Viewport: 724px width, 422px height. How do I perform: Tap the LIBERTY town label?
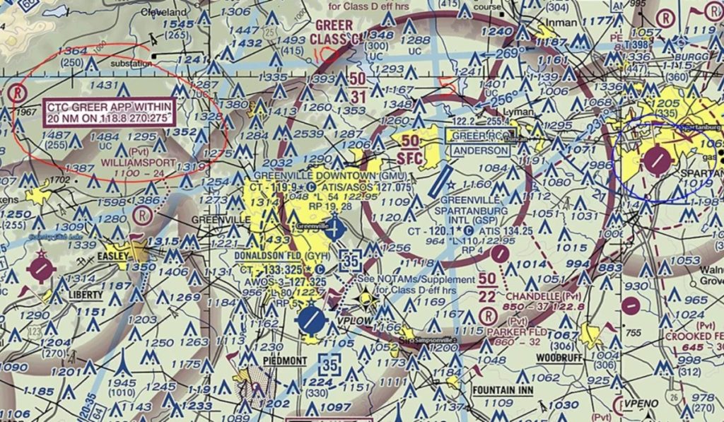click(86, 294)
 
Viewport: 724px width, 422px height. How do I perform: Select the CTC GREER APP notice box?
click(110, 112)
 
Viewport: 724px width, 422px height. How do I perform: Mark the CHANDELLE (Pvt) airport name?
click(539, 294)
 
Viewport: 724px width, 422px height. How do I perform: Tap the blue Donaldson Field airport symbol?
click(310, 320)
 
